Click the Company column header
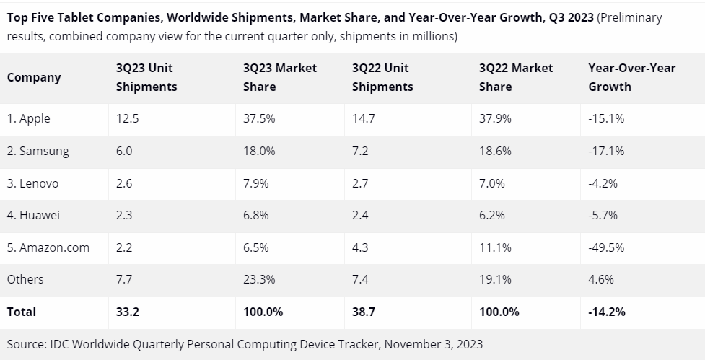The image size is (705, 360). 34,77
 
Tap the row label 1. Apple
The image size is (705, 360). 29,118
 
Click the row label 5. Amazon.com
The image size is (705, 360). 48,247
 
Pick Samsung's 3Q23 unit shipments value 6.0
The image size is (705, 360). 124,151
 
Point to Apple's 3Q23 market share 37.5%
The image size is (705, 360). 258,118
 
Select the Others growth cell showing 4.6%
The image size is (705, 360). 600,279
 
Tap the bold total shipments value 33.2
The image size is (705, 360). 126,312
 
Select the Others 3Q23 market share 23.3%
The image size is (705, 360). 259,279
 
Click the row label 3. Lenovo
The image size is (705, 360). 33,183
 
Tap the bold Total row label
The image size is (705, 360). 22,312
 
